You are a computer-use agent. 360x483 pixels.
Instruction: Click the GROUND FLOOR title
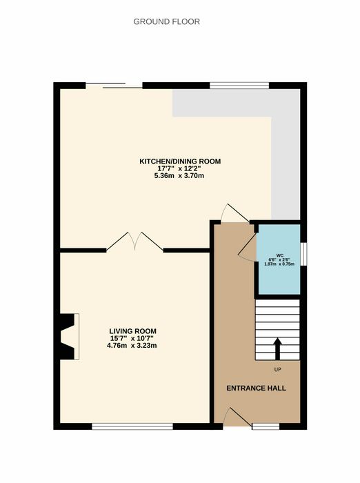[x=167, y=21]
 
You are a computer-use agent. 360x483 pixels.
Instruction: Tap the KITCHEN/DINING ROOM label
[x=180, y=161]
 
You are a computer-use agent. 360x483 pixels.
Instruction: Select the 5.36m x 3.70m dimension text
[x=179, y=176]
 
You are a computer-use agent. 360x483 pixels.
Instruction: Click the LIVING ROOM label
[x=132, y=331]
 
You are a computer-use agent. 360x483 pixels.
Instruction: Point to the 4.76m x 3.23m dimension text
[x=132, y=346]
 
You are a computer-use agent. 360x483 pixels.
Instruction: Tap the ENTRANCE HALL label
[x=257, y=388]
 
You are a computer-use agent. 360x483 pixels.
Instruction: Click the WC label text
[x=279, y=255]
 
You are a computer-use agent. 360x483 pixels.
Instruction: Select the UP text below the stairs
[x=277, y=370]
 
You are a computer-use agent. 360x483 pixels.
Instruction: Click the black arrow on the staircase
[x=277, y=348]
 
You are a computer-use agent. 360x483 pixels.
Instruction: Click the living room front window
[x=132, y=426]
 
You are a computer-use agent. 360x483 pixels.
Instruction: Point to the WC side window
[x=303, y=254]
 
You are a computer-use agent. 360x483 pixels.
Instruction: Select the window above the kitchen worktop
[x=239, y=86]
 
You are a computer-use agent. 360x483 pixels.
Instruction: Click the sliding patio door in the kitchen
[x=114, y=86]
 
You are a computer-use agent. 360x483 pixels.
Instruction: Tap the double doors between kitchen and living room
[x=135, y=241]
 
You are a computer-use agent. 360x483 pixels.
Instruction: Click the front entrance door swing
[x=237, y=417]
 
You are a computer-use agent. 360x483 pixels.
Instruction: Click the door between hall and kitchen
[x=235, y=213]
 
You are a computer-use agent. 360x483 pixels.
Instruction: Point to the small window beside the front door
[x=266, y=426]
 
